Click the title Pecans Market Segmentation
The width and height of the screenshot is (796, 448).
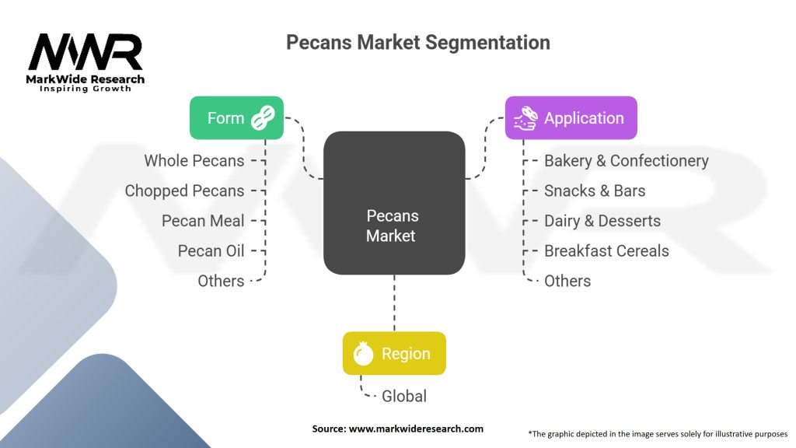pos(417,42)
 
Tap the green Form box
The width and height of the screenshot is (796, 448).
pos(236,118)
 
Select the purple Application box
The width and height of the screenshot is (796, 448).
pos(571,118)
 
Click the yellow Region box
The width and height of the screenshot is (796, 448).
pos(394,354)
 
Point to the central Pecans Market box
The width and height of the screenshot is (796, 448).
pos(393,203)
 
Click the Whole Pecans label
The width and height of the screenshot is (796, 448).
pos(194,161)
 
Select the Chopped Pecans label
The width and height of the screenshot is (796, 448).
pos(184,191)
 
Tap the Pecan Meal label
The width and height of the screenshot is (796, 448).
pos(203,221)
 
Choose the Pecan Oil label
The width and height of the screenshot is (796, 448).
pos(211,250)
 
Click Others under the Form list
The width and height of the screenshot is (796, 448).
pos(221,281)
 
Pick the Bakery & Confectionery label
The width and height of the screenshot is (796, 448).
pos(626,161)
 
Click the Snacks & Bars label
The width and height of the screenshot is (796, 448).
pos(595,191)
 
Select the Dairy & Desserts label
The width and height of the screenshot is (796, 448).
pos(602,221)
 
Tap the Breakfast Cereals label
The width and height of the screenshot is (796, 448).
pos(606,250)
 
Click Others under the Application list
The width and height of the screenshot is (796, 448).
pos(567,281)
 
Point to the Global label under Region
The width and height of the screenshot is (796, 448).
pos(403,396)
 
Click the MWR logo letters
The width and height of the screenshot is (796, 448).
pos(86,52)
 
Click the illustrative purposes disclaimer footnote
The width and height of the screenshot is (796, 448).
pos(658,432)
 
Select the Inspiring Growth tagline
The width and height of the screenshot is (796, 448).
pos(86,89)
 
